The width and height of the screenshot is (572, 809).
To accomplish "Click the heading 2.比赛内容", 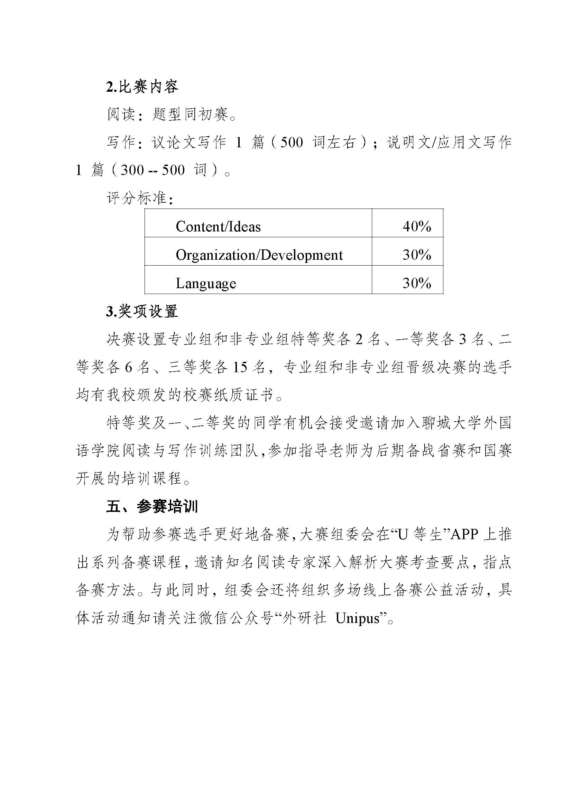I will [142, 86].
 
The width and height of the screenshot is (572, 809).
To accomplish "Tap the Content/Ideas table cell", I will [218, 227].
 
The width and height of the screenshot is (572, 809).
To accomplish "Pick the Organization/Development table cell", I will [259, 255].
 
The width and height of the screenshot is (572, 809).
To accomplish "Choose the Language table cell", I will [206, 283].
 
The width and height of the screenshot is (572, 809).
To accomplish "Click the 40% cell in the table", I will [417, 227].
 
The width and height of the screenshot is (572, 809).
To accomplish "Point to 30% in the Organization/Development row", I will [417, 255].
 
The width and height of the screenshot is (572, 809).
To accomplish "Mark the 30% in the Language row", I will [417, 283].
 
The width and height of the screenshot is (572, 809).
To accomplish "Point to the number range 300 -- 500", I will [153, 170].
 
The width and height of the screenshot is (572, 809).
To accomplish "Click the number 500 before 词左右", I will [292, 143].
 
